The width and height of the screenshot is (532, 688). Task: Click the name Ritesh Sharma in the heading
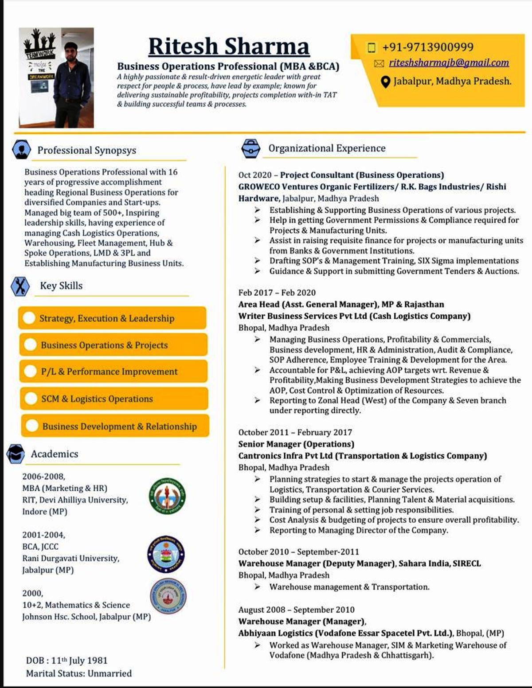(x=228, y=47)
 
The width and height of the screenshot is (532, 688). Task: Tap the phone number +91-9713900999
(x=427, y=47)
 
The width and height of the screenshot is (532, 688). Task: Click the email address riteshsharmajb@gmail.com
(x=449, y=63)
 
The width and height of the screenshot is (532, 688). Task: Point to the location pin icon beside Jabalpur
(x=385, y=82)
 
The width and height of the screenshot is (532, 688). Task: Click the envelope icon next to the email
(x=379, y=63)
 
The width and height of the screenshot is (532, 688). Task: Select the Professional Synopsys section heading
(x=86, y=150)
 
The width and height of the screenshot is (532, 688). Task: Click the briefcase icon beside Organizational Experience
(x=250, y=149)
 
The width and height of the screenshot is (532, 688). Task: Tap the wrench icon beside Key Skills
(x=20, y=286)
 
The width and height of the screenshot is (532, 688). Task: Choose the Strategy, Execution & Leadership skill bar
(x=112, y=318)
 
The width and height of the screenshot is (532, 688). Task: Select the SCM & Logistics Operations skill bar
(x=113, y=399)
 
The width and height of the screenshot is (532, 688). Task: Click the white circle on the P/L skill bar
(x=30, y=371)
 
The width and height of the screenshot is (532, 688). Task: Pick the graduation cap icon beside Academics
(x=16, y=454)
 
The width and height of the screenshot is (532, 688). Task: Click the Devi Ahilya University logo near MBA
(x=167, y=496)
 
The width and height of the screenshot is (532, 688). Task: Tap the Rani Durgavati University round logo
(x=166, y=554)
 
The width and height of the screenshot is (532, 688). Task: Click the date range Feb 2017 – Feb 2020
(x=277, y=293)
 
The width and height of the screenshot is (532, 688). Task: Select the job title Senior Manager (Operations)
(x=296, y=444)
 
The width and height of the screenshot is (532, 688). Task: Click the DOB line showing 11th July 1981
(x=67, y=661)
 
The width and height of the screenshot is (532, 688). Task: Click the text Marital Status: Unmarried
(x=79, y=674)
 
